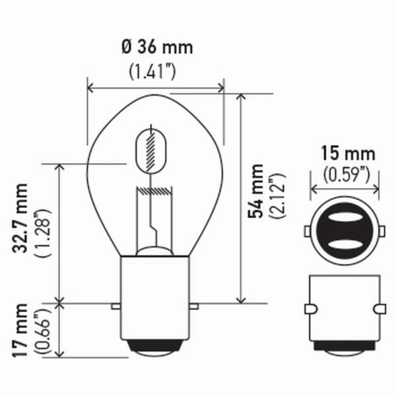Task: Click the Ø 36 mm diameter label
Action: point(157,48)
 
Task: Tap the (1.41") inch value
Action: point(152,71)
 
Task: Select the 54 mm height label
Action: point(255,191)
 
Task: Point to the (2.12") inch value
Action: point(277,195)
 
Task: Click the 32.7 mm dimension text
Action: point(20,218)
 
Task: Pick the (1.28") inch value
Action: point(43,233)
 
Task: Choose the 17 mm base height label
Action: point(20,330)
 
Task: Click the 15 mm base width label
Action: point(348,154)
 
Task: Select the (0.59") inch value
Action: point(346,174)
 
